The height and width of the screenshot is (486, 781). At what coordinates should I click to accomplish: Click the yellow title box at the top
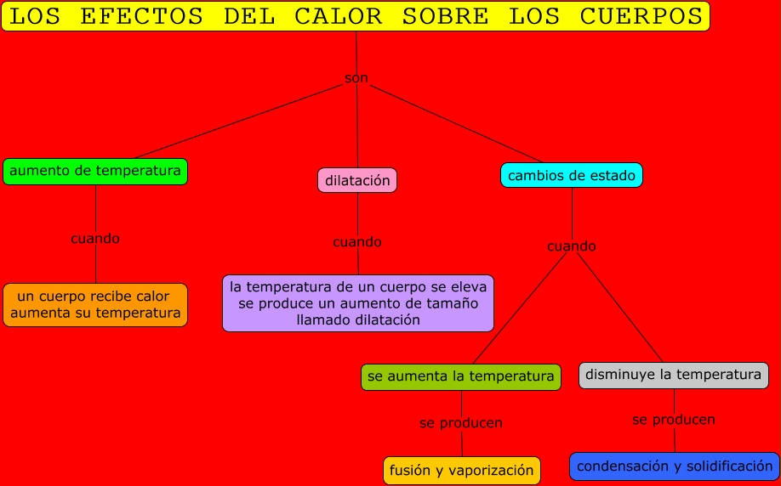(x=355, y=16)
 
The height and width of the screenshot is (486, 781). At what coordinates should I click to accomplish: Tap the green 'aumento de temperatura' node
(x=95, y=172)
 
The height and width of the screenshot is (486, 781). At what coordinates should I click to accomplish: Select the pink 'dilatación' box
(x=357, y=180)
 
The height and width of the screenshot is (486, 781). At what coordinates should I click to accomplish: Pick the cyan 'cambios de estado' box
(x=572, y=176)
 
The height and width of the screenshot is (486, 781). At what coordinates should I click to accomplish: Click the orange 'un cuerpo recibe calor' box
(x=95, y=305)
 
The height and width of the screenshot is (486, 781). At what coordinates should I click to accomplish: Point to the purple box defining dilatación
(x=358, y=303)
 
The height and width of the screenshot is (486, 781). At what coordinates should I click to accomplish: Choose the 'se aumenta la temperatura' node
(x=461, y=376)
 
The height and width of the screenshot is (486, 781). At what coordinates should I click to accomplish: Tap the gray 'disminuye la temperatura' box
(x=674, y=375)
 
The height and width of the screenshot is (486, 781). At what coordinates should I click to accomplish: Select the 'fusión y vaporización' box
(x=462, y=470)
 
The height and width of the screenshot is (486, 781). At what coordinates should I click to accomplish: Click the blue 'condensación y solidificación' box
(x=675, y=466)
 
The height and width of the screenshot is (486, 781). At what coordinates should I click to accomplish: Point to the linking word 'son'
(x=356, y=78)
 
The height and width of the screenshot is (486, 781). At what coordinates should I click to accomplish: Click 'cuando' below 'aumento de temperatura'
(x=95, y=239)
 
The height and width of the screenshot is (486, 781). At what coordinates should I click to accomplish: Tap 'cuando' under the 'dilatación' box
(x=357, y=242)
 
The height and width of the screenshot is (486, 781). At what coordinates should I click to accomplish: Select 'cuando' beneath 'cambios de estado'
(x=572, y=246)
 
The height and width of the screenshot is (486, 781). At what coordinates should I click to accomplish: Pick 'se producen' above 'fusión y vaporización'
(x=461, y=423)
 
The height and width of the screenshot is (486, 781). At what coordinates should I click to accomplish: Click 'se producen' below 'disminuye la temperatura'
(x=674, y=420)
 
